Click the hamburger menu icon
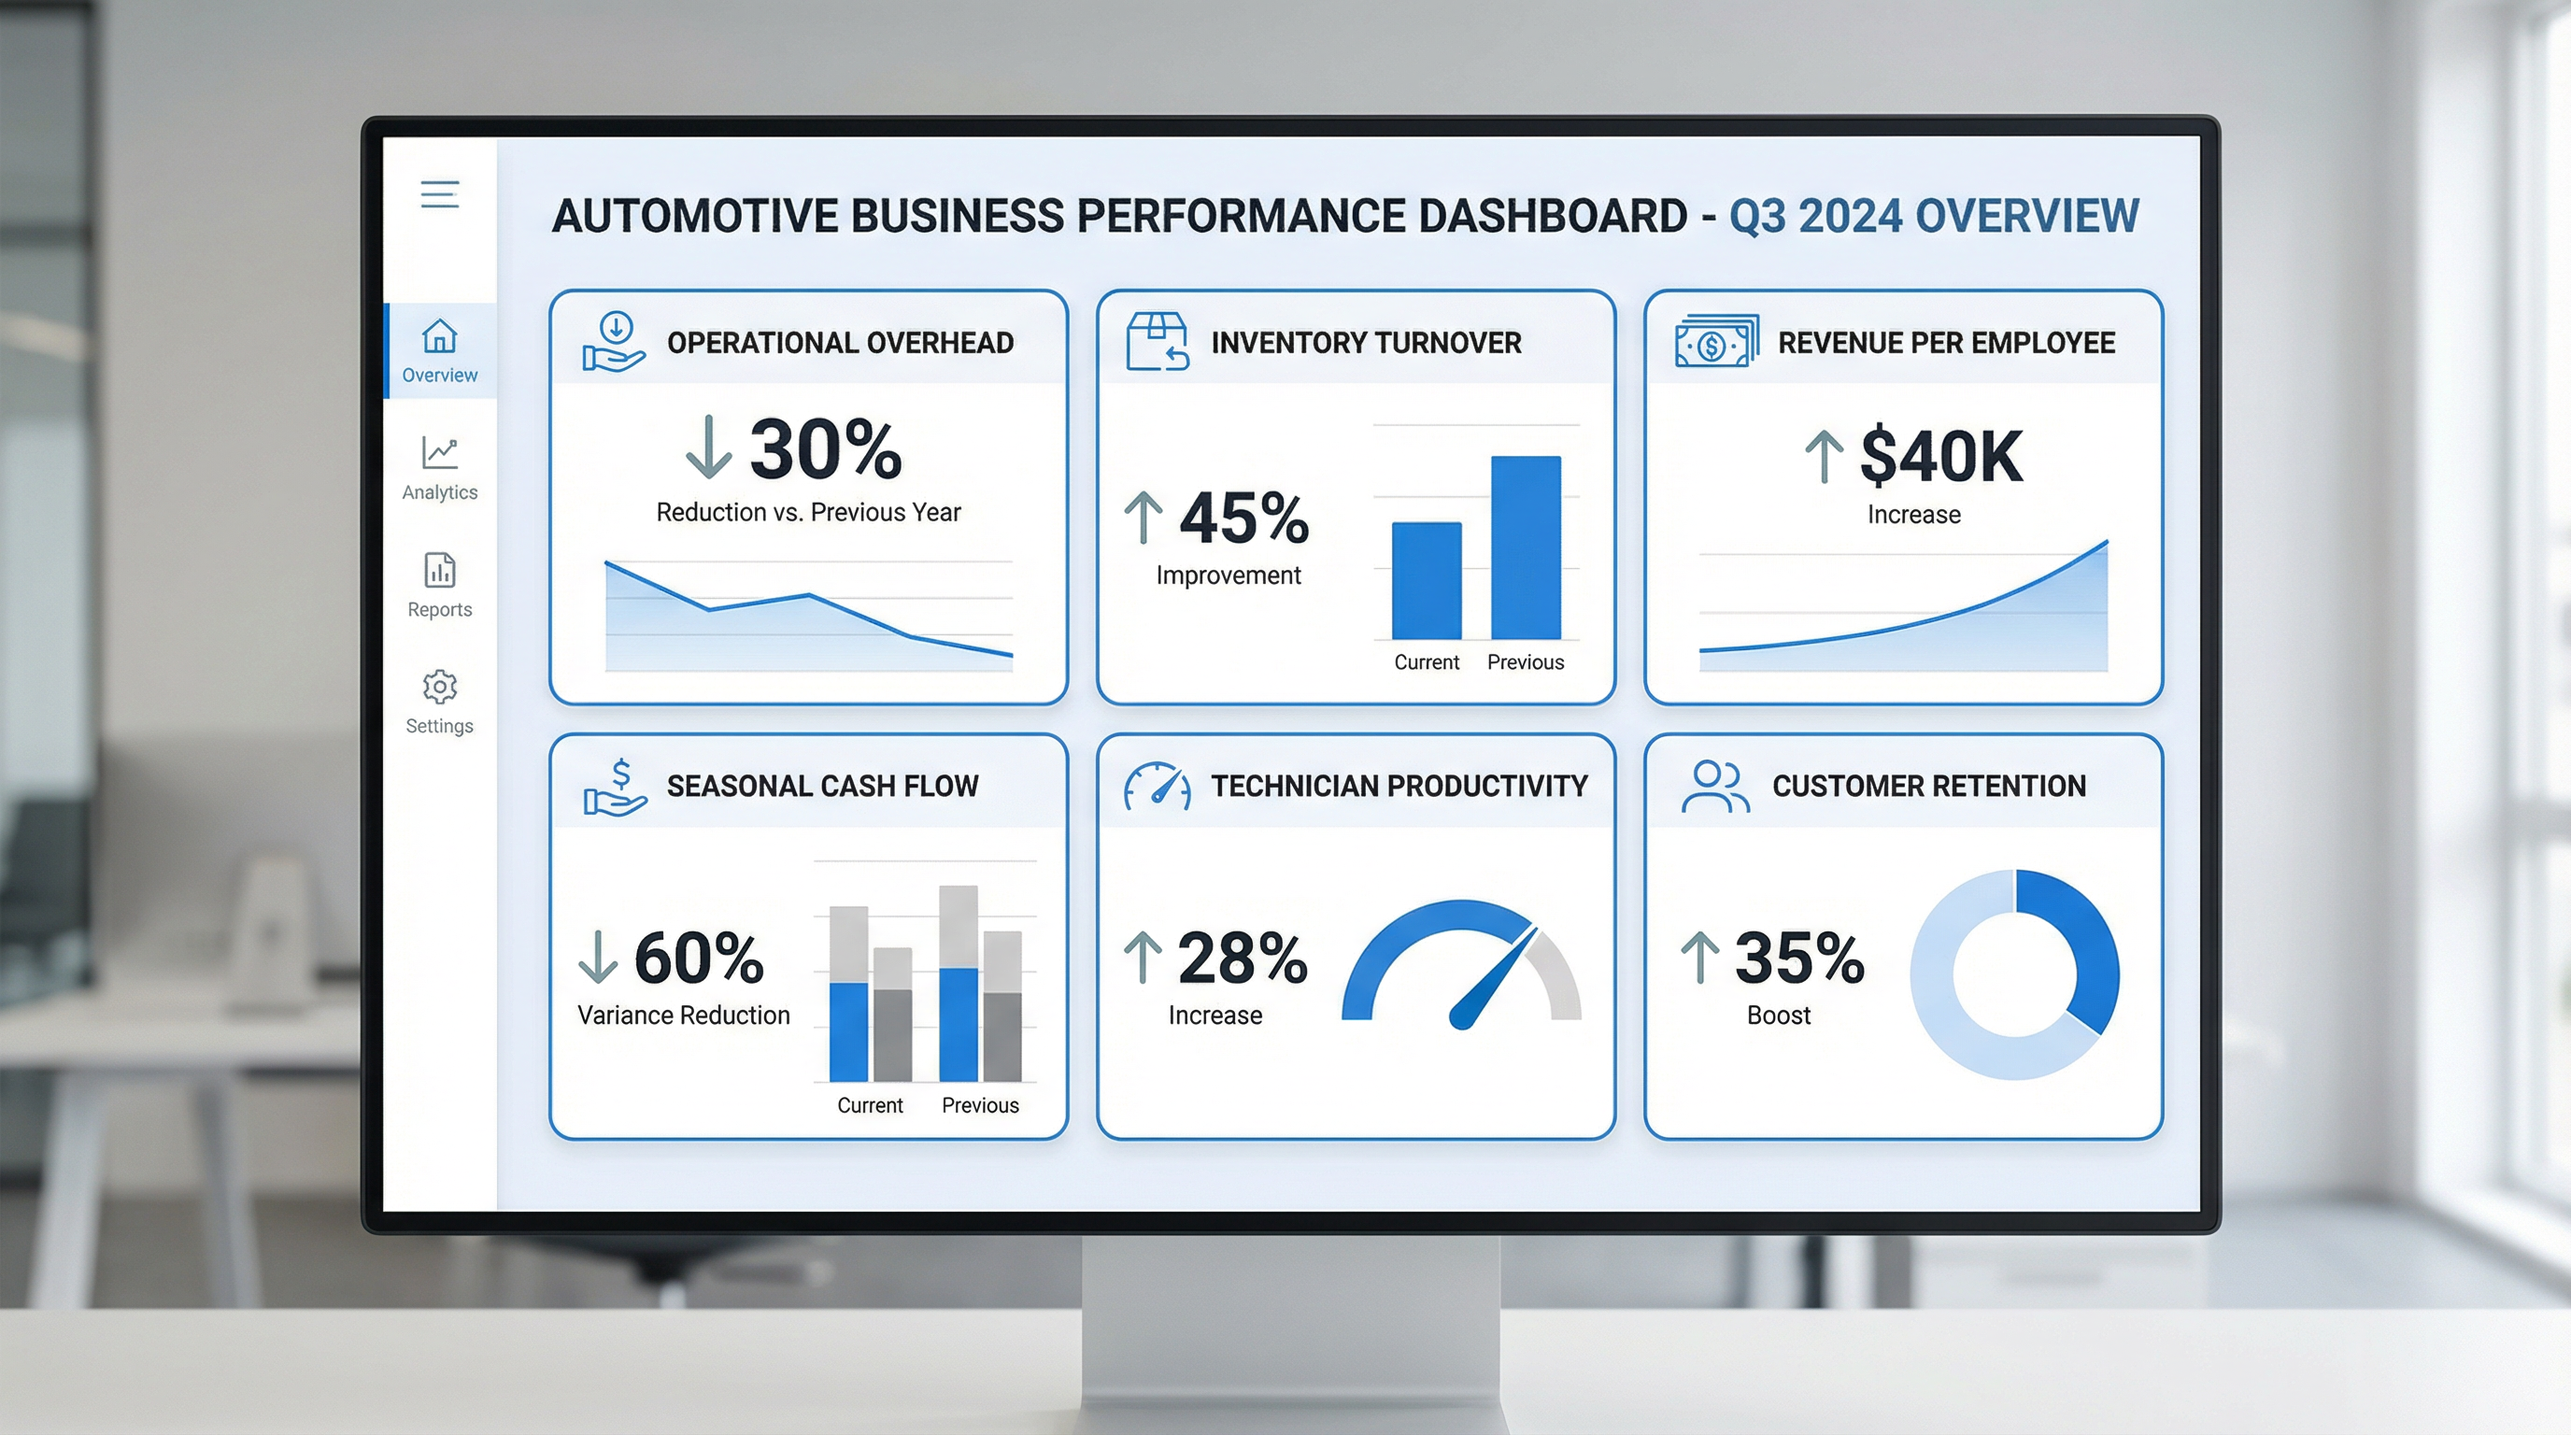[439, 193]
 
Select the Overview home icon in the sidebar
[439, 336]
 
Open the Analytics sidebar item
[439, 467]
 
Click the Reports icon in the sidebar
[439, 570]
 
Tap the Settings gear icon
[439, 687]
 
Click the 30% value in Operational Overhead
[826, 450]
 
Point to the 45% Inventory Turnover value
[1243, 519]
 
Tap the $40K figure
[1941, 457]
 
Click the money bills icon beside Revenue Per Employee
[1715, 342]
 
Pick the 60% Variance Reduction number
[699, 958]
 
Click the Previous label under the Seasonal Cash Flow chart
[980, 1104]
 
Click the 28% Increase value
[1243, 958]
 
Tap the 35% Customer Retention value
[1799, 958]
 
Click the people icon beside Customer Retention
[1714, 787]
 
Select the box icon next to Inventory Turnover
[1157, 341]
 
